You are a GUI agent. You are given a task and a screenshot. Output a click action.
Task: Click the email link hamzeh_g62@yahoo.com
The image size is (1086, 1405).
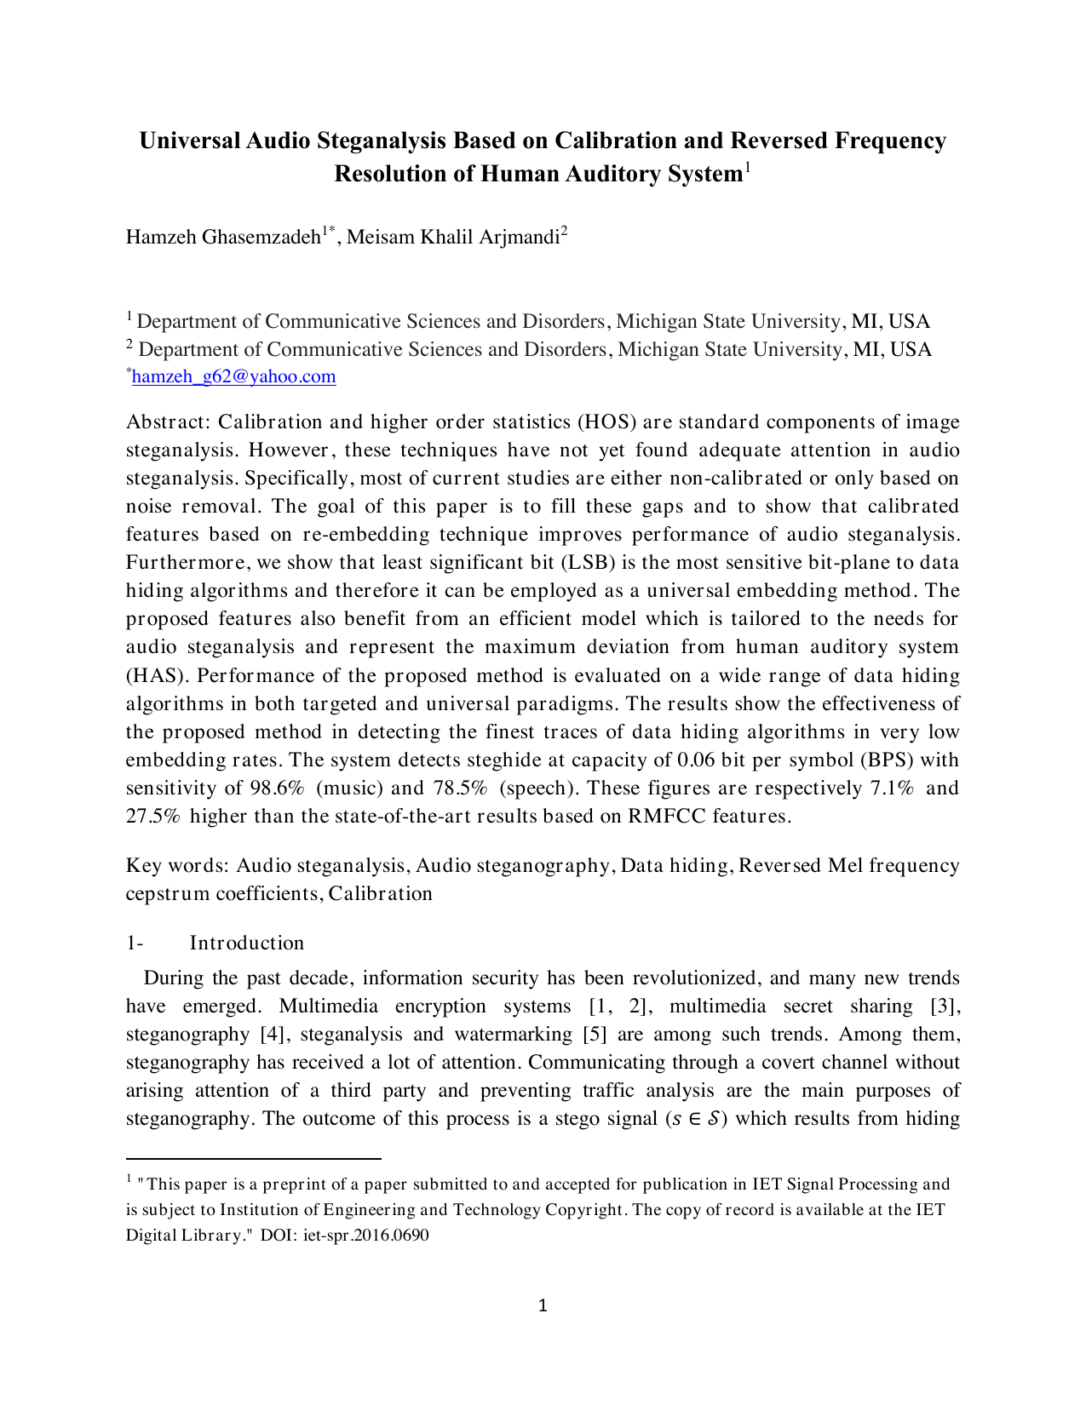[x=234, y=376]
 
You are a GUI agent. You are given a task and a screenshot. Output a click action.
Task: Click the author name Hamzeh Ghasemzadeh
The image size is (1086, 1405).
[x=222, y=237]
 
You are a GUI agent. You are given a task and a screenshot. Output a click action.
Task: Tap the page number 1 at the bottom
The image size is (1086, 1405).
[x=543, y=1305]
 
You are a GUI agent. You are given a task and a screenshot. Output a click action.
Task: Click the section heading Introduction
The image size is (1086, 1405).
[x=246, y=943]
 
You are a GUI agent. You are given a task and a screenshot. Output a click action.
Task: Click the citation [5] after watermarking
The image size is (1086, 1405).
[x=594, y=1034]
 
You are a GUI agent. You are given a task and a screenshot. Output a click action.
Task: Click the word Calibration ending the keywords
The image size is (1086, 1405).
[x=381, y=893]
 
